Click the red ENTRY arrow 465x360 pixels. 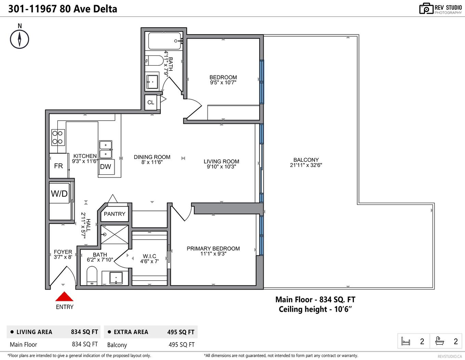tap(64, 296)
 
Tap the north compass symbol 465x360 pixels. tap(19, 39)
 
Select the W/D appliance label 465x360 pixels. tap(59, 194)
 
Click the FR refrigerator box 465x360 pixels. tap(58, 166)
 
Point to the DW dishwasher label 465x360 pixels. tap(106, 167)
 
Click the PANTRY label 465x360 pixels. tap(115, 214)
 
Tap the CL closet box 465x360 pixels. tap(151, 103)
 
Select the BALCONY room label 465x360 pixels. tap(306, 160)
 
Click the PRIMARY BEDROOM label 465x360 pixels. tap(213, 249)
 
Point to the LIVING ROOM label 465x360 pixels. tap(221, 161)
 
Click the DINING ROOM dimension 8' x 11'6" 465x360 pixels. tap(152, 162)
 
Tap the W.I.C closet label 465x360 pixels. tap(149, 256)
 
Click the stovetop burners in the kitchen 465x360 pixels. tap(57, 137)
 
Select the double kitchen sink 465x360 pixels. tap(106, 150)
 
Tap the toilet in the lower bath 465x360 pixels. tap(92, 276)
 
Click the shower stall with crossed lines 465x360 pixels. tap(115, 235)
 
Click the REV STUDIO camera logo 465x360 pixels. tap(426, 9)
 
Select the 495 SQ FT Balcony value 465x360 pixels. tap(182, 345)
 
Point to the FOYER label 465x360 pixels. tap(63, 252)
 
